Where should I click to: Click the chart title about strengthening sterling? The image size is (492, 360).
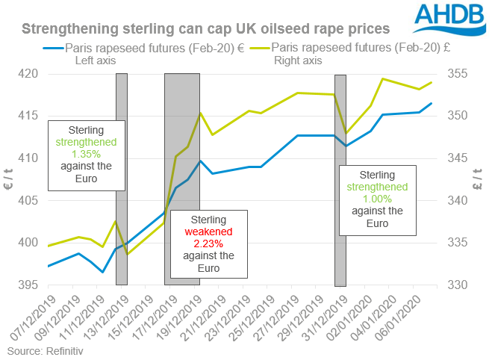205,29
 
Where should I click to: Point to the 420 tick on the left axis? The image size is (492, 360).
29,74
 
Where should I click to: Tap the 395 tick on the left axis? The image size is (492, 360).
29,285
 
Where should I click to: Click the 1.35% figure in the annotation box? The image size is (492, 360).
85,154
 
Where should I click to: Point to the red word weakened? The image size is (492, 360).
202,232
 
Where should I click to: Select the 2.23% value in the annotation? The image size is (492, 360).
202,243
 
